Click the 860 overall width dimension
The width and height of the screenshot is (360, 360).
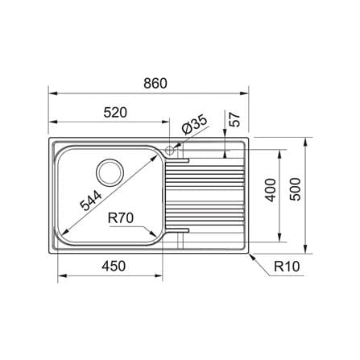click(x=155, y=83)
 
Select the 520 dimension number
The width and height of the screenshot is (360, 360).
click(x=115, y=113)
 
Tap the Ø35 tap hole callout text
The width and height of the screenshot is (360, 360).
click(x=194, y=125)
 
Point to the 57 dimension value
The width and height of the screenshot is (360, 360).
click(x=234, y=119)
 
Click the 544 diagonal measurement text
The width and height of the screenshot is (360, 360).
click(x=91, y=201)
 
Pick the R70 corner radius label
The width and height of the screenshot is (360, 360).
click(x=121, y=218)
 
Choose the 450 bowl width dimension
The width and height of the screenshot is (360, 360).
click(x=114, y=266)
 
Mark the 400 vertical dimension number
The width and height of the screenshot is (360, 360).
click(x=271, y=190)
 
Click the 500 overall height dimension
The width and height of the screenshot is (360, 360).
click(x=296, y=189)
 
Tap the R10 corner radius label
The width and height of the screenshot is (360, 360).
click(x=287, y=267)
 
